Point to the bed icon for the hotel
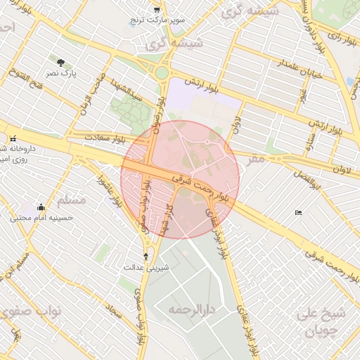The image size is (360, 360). pos(299,212)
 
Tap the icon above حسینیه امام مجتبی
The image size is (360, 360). pos(41,207)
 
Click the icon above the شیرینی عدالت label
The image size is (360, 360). pos(146,256)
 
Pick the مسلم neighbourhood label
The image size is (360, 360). pos(70,200)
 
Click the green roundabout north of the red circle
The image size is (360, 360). pos(162,72)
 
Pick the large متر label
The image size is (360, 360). pos(256,160)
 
